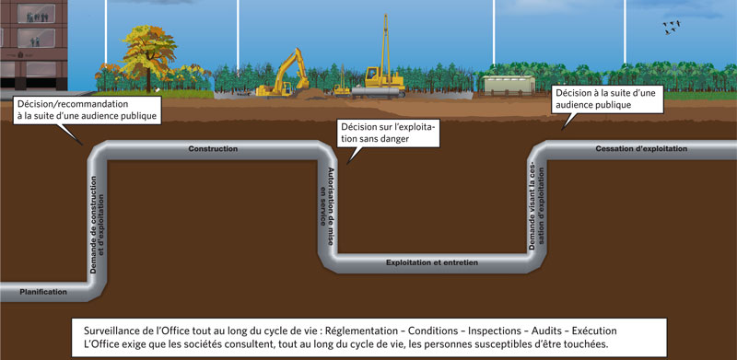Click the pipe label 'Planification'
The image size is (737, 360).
tap(43, 292)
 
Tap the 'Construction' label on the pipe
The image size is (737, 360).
tap(213, 148)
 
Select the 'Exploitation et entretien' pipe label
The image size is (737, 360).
tap(431, 262)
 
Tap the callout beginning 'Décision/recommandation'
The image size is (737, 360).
tap(88, 110)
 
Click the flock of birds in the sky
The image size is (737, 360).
tap(674, 29)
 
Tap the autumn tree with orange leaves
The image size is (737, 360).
tap(147, 56)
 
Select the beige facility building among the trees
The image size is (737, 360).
tap(509, 85)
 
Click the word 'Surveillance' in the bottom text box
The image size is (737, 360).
tap(108, 330)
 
